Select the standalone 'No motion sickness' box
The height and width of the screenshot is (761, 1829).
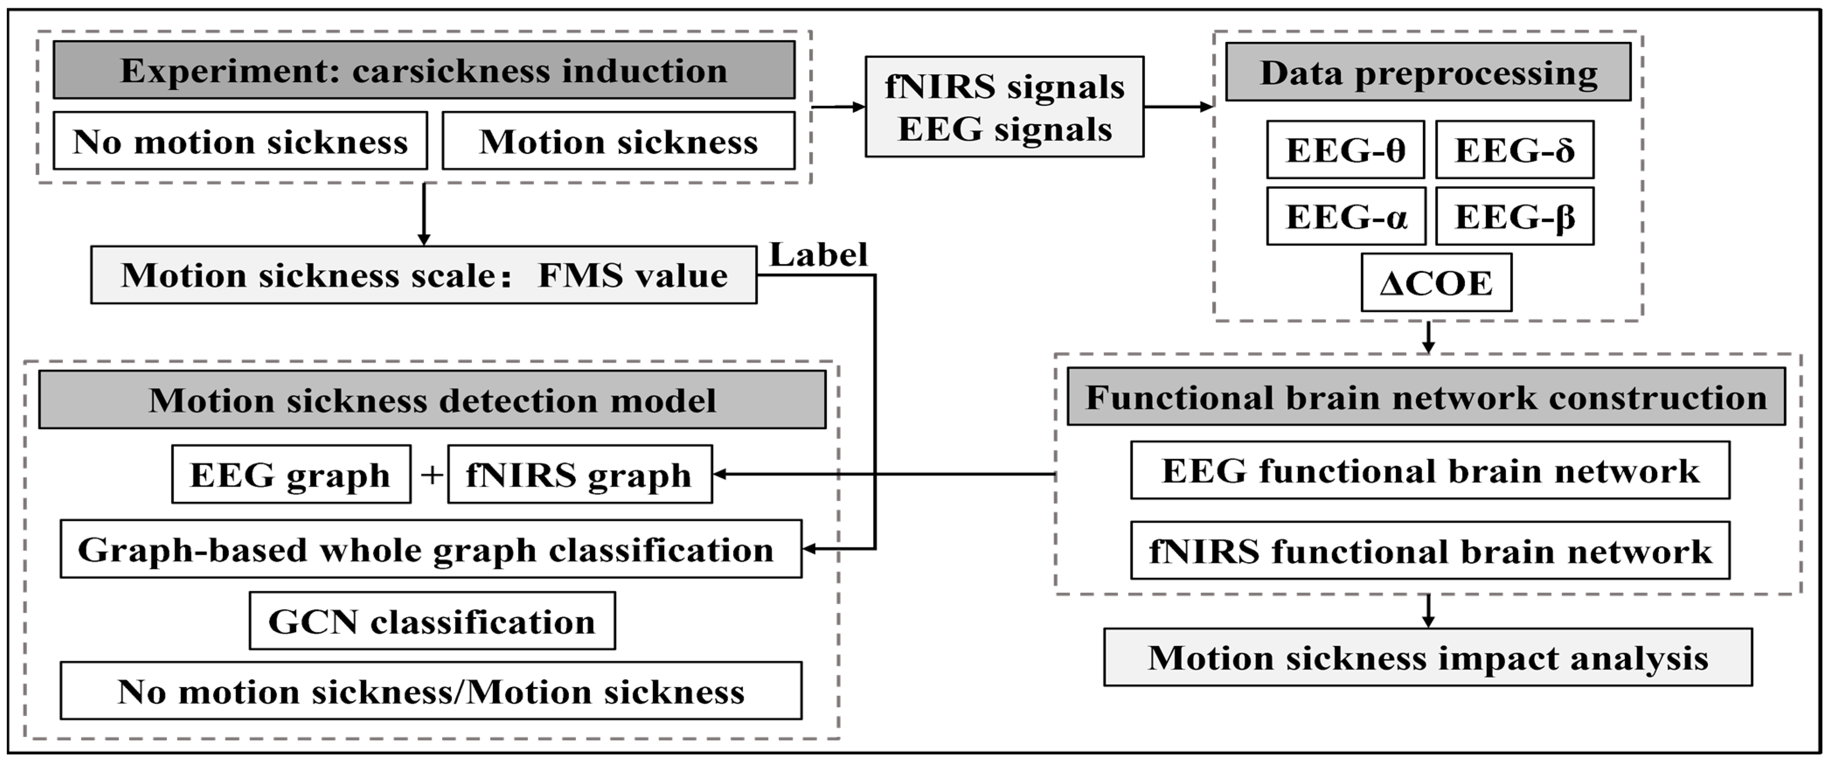pos(240,141)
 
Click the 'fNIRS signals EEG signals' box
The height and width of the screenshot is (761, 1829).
pos(1004,107)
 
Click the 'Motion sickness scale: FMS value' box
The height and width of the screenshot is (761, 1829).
pos(424,275)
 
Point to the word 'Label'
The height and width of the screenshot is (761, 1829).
pos(819,255)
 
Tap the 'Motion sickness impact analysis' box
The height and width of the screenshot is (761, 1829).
pos(1428,657)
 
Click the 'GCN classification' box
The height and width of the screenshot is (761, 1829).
pos(432,621)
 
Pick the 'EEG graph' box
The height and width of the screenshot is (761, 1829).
pos(291,474)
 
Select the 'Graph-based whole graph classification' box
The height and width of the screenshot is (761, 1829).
pos(431,550)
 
